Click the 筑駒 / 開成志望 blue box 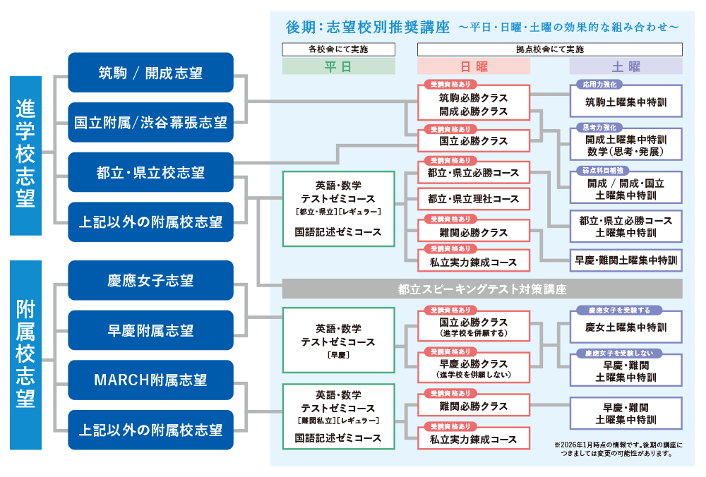(x=150, y=73)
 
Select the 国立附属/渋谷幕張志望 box (x=150, y=122)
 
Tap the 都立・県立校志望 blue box (x=150, y=172)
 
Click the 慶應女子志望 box (x=150, y=280)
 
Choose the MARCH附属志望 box (x=150, y=380)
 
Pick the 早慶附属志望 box (x=150, y=330)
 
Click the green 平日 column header (x=338, y=66)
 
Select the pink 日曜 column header (x=474, y=66)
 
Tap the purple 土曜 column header (x=626, y=66)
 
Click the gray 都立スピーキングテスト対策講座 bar (x=482, y=289)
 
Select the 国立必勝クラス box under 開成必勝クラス (x=474, y=140)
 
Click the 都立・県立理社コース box (x=474, y=199)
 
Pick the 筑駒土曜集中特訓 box (x=626, y=102)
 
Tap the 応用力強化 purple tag (x=599, y=84)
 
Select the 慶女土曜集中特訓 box (x=626, y=327)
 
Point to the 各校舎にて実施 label (x=338, y=49)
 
